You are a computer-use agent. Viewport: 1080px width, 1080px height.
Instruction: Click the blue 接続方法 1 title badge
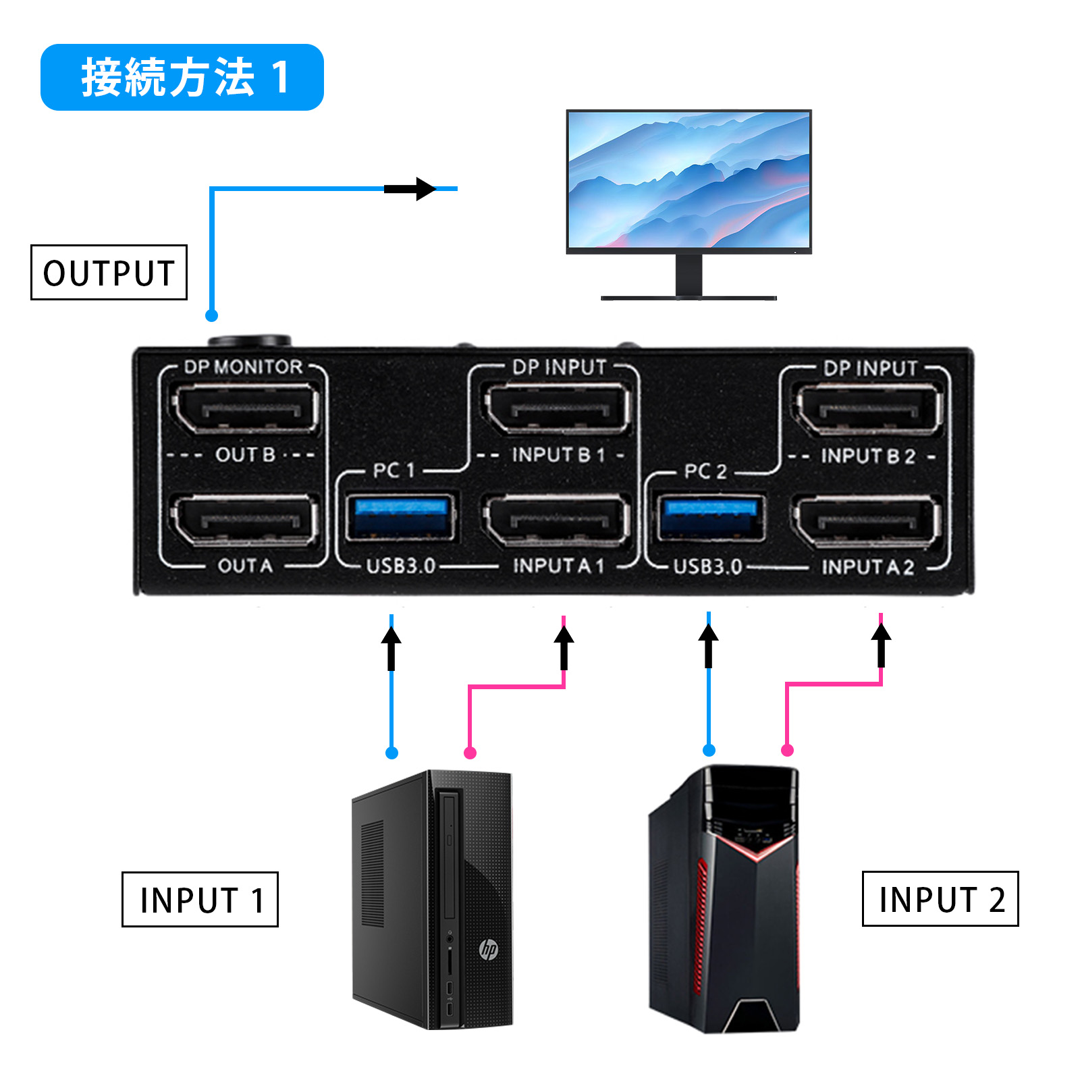[182, 77]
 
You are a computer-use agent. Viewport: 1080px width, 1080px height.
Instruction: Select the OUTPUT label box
[109, 273]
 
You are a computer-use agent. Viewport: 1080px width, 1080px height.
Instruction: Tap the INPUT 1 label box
[200, 899]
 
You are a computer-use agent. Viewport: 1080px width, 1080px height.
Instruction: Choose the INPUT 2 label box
[940, 898]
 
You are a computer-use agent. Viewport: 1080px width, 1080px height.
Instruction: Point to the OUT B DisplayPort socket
[245, 408]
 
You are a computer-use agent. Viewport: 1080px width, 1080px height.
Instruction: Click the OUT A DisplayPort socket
[245, 520]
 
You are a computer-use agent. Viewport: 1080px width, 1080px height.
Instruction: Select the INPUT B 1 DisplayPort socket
[558, 408]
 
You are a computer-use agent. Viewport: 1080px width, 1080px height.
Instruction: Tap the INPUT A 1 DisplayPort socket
[558, 520]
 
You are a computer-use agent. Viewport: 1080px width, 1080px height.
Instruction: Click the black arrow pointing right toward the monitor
[411, 189]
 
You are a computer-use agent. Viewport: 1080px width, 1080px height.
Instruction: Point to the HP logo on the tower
[488, 949]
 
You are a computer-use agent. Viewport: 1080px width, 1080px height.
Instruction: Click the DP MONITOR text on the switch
[243, 367]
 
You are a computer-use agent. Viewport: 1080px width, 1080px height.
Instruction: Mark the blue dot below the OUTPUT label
[211, 315]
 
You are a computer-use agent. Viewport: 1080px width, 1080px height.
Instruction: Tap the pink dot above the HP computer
[470, 753]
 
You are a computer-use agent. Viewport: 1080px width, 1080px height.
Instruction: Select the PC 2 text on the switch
[705, 471]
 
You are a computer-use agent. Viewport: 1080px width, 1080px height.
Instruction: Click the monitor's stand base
[688, 297]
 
